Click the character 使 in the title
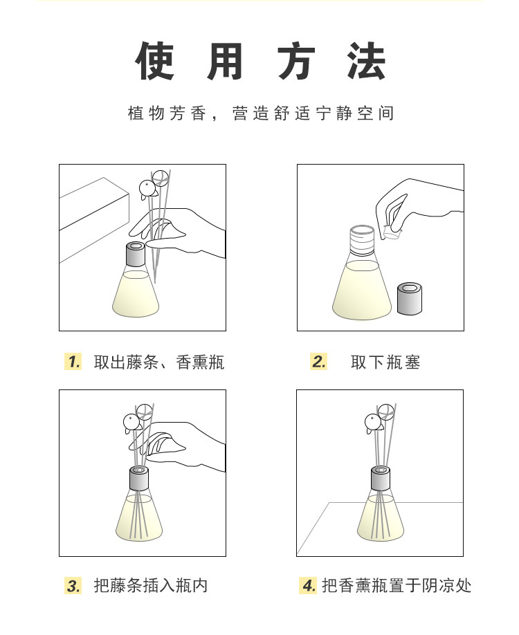(x=155, y=61)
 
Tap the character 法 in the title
(x=366, y=61)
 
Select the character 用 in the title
(x=225, y=61)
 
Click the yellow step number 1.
(x=73, y=362)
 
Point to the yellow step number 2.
(x=319, y=362)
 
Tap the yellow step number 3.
(x=73, y=586)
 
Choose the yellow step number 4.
(x=309, y=586)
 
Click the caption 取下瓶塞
(x=385, y=362)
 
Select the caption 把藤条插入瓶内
(x=151, y=586)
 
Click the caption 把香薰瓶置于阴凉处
(x=397, y=586)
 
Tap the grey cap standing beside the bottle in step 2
(x=410, y=298)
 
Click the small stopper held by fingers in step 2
(x=392, y=232)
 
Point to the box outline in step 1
(x=94, y=220)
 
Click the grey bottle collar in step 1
(x=136, y=254)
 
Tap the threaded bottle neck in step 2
(x=362, y=241)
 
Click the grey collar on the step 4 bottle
(x=381, y=478)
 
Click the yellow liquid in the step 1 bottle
(x=136, y=295)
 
